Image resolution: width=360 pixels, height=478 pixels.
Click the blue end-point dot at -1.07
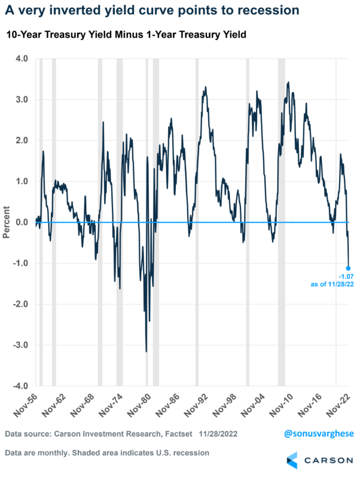pyautogui.click(x=348, y=268)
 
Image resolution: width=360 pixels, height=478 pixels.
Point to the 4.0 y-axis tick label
pyautogui.click(x=22, y=59)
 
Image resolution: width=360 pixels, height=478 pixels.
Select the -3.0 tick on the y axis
pyautogui.click(x=20, y=345)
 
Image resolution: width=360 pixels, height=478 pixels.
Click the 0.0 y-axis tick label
pyautogui.click(x=22, y=222)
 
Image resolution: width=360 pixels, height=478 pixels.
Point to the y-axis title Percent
pyautogui.click(x=7, y=222)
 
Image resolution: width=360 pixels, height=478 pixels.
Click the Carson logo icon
pyautogui.click(x=294, y=461)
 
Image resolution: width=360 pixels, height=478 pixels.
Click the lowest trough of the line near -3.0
pyautogui.click(x=147, y=351)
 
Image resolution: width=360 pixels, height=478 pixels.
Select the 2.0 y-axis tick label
pyautogui.click(x=22, y=140)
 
